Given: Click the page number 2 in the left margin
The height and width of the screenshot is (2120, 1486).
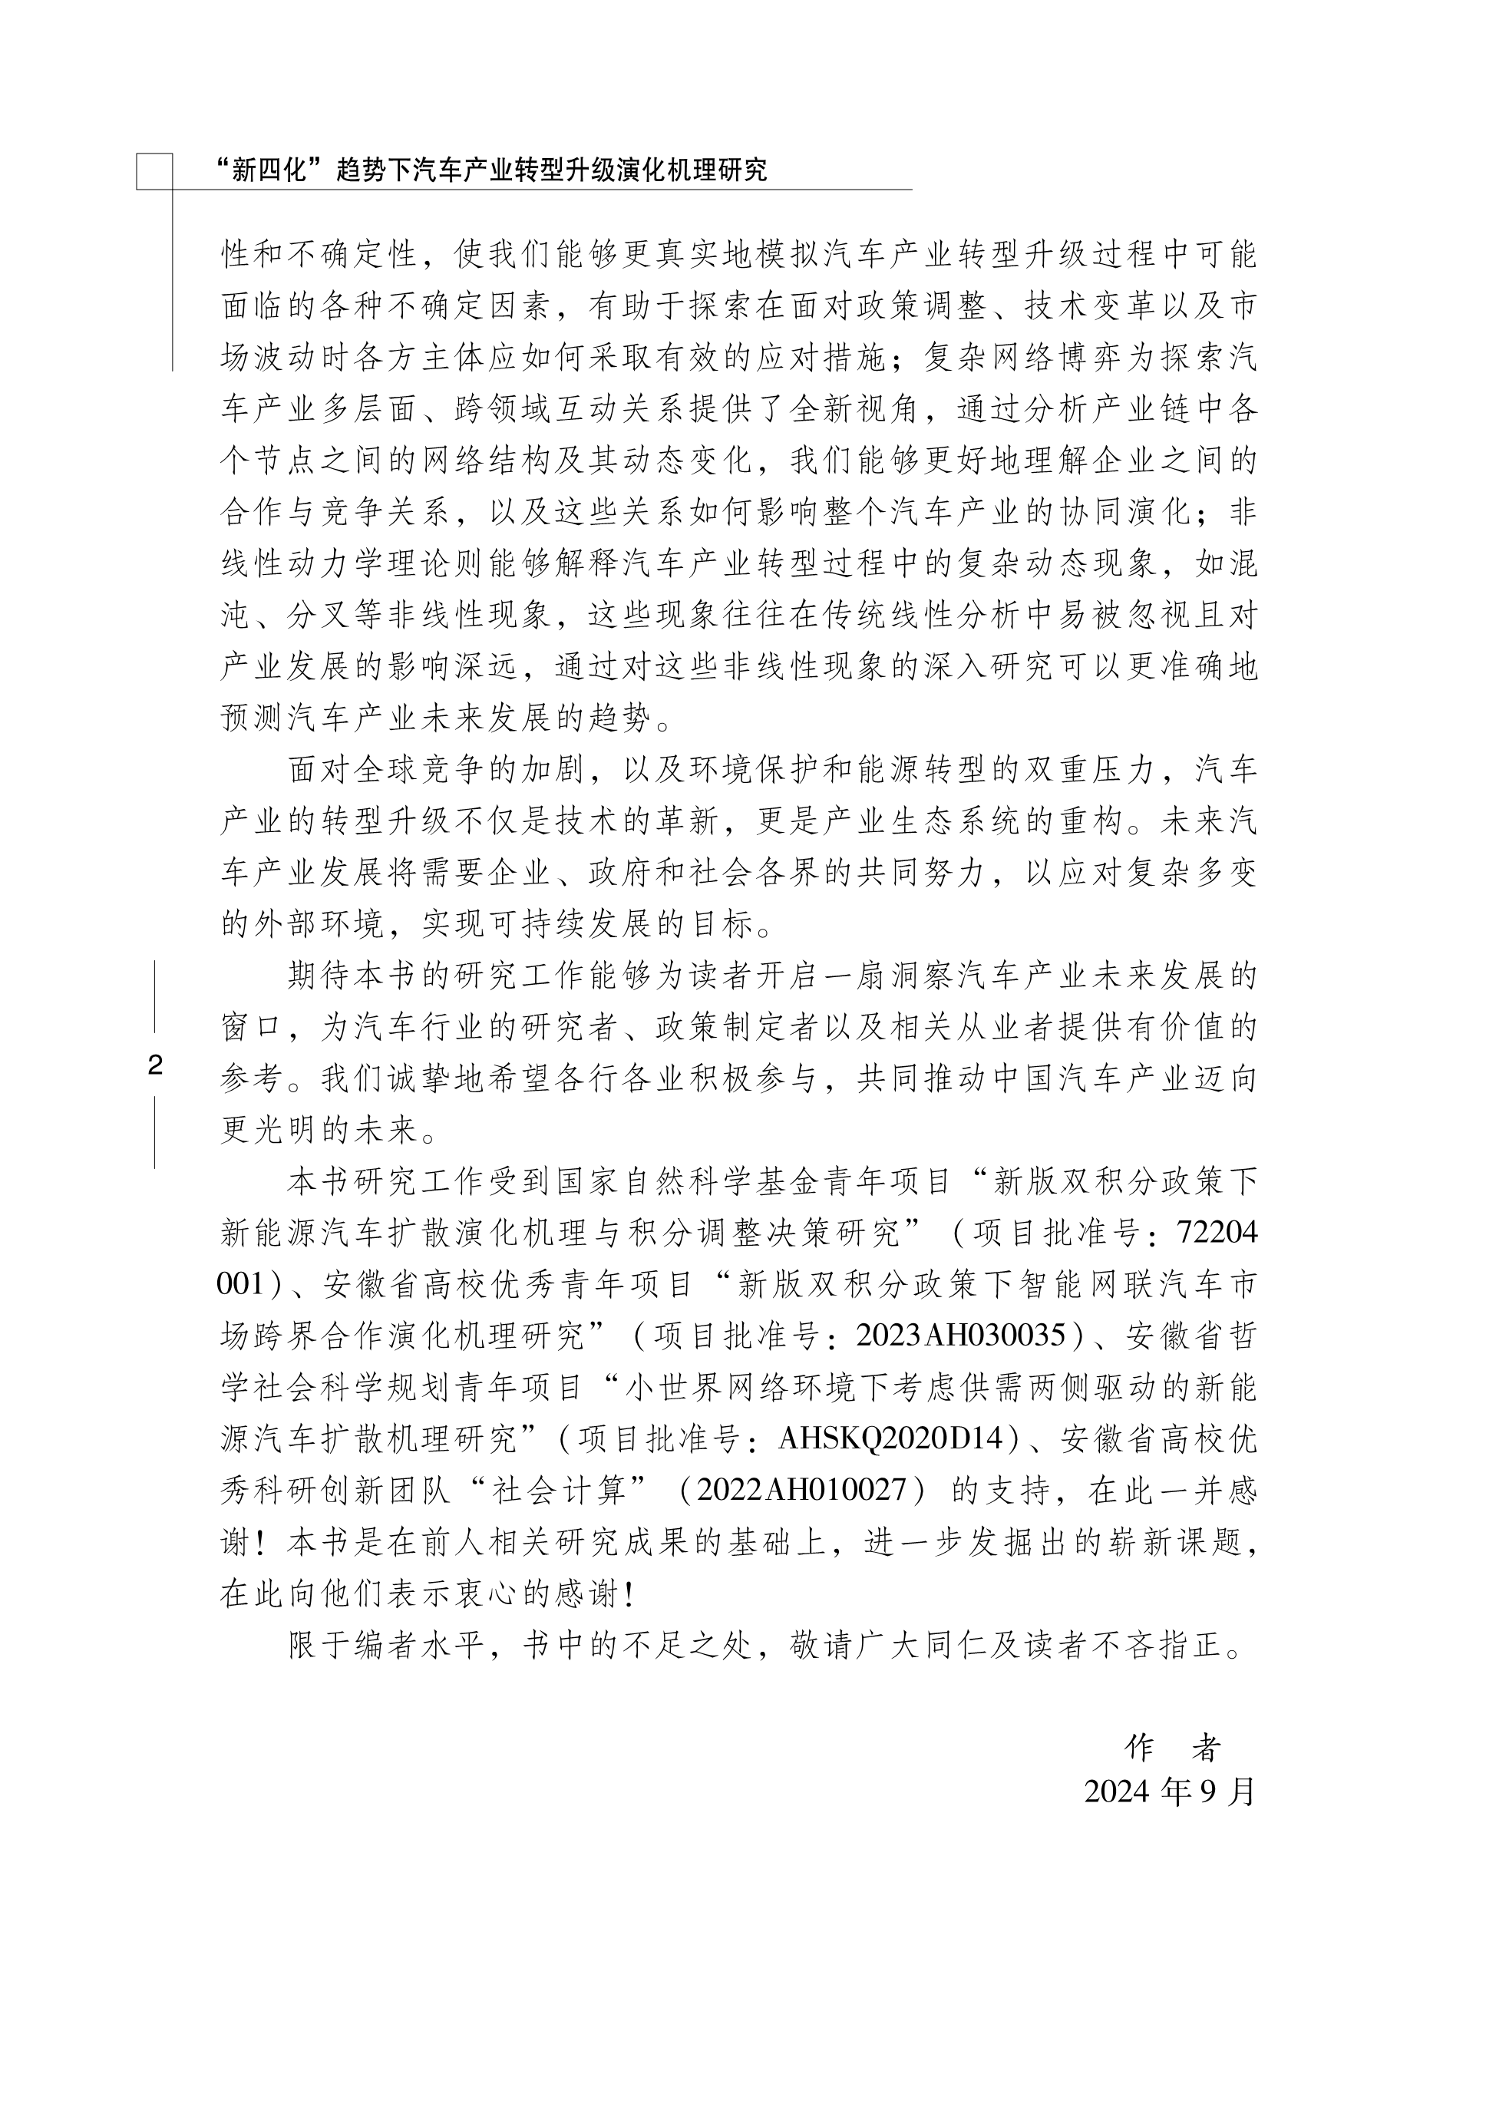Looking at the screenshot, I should tap(155, 1065).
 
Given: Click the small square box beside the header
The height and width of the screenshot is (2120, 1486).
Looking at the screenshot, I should tap(154, 171).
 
